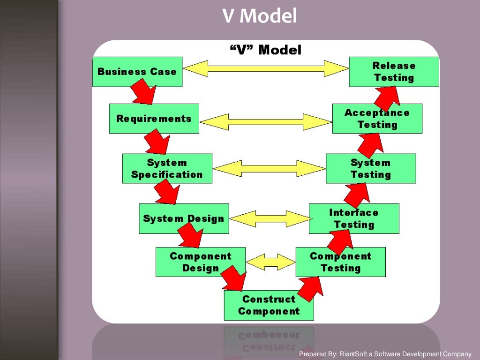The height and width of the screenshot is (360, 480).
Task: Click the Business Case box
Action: coord(137,72)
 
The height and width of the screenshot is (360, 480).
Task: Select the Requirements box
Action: coord(154,119)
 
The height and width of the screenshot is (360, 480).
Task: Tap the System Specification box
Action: coord(167,169)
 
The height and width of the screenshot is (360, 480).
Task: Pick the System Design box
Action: coord(184,218)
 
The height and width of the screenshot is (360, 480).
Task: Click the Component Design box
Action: coord(200,262)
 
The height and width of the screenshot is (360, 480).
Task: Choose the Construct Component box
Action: coord(269,305)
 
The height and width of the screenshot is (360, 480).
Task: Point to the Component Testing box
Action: coord(340,262)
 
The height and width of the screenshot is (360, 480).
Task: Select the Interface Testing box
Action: coord(354,218)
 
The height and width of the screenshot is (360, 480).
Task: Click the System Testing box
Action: coord(370,169)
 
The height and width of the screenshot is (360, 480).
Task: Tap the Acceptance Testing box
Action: coord(377,119)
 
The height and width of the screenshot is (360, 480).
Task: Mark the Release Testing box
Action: coord(394,72)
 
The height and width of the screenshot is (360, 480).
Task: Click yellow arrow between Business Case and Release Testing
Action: coord(266,68)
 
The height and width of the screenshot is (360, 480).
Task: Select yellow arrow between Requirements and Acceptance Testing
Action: coord(266,121)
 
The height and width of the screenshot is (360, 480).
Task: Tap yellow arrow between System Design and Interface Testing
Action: coord(269,219)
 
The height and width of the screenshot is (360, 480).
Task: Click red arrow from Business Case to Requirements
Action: coord(143,92)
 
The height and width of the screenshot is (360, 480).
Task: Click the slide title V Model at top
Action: coord(259,16)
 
